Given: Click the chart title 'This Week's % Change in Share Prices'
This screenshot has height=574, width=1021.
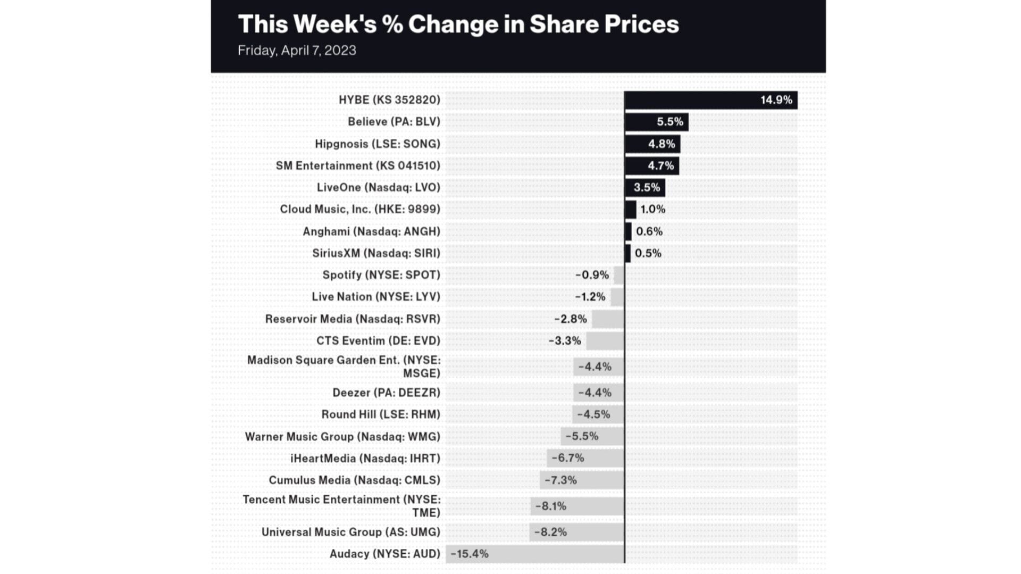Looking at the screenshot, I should tap(458, 24).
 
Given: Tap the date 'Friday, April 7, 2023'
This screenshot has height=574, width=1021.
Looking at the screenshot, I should tap(297, 51).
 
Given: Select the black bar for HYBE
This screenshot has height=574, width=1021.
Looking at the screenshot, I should tap(691, 100).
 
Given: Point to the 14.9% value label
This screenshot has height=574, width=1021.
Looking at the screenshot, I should tap(776, 100).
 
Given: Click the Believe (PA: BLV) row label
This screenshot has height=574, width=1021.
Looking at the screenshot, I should tap(394, 122).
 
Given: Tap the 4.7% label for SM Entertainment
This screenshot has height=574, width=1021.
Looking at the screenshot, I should tap(660, 166).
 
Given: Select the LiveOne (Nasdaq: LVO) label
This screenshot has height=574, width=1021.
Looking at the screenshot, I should tap(379, 188).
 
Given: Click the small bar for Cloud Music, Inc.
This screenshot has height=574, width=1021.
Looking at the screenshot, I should tap(631, 210).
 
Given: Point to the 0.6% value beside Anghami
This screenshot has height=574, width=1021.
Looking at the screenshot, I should tap(649, 231).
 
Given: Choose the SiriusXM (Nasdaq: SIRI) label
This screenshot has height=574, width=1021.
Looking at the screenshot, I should tap(376, 253).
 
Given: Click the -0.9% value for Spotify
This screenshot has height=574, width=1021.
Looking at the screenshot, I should tap(592, 275).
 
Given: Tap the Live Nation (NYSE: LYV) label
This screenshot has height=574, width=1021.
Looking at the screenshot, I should tap(376, 297).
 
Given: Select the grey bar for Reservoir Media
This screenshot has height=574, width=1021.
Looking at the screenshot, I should tap(608, 319).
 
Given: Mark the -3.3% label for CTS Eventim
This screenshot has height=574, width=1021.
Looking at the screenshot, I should tap(565, 341).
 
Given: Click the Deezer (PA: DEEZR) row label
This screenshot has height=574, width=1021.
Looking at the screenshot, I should tap(387, 393).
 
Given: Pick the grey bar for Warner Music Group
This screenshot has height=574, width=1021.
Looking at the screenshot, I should tap(612, 436).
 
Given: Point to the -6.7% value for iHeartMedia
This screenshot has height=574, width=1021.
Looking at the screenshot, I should tap(567, 458).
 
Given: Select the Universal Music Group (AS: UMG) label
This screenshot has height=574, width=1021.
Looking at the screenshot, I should tap(351, 532).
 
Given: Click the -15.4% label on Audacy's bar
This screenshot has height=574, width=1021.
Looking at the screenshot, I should tap(470, 554).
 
